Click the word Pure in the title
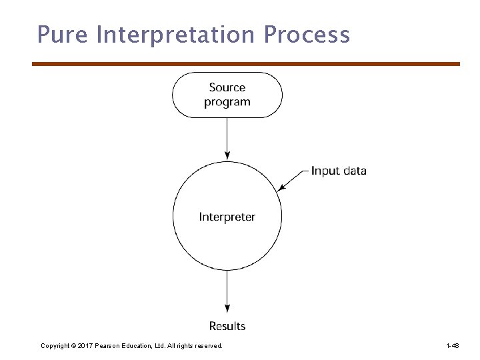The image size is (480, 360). click(62, 34)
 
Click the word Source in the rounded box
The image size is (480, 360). click(227, 87)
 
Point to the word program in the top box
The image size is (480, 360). click(227, 102)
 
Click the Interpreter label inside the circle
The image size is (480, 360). click(227, 217)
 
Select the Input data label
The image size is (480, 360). click(339, 171)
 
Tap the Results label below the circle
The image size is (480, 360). click(227, 326)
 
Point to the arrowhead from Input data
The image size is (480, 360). click(281, 188)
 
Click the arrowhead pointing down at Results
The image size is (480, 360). click(227, 309)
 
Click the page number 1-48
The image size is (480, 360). click(452, 346)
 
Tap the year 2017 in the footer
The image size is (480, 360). click(85, 346)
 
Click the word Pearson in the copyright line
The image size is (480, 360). click(108, 346)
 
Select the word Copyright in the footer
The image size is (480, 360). click(55, 346)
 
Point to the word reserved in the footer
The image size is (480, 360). click(208, 346)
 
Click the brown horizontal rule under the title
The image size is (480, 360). click(246, 64)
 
